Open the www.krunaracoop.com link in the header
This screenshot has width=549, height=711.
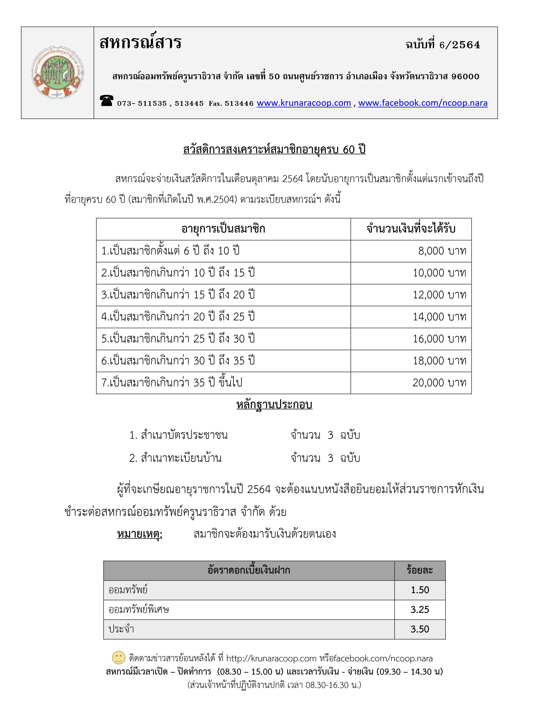304,103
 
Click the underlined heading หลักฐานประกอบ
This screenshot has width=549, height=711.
274,405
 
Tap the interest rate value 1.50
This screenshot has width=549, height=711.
420,590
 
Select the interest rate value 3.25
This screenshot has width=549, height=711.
420,610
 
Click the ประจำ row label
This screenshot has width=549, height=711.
121,629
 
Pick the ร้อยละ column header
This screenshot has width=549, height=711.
420,570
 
